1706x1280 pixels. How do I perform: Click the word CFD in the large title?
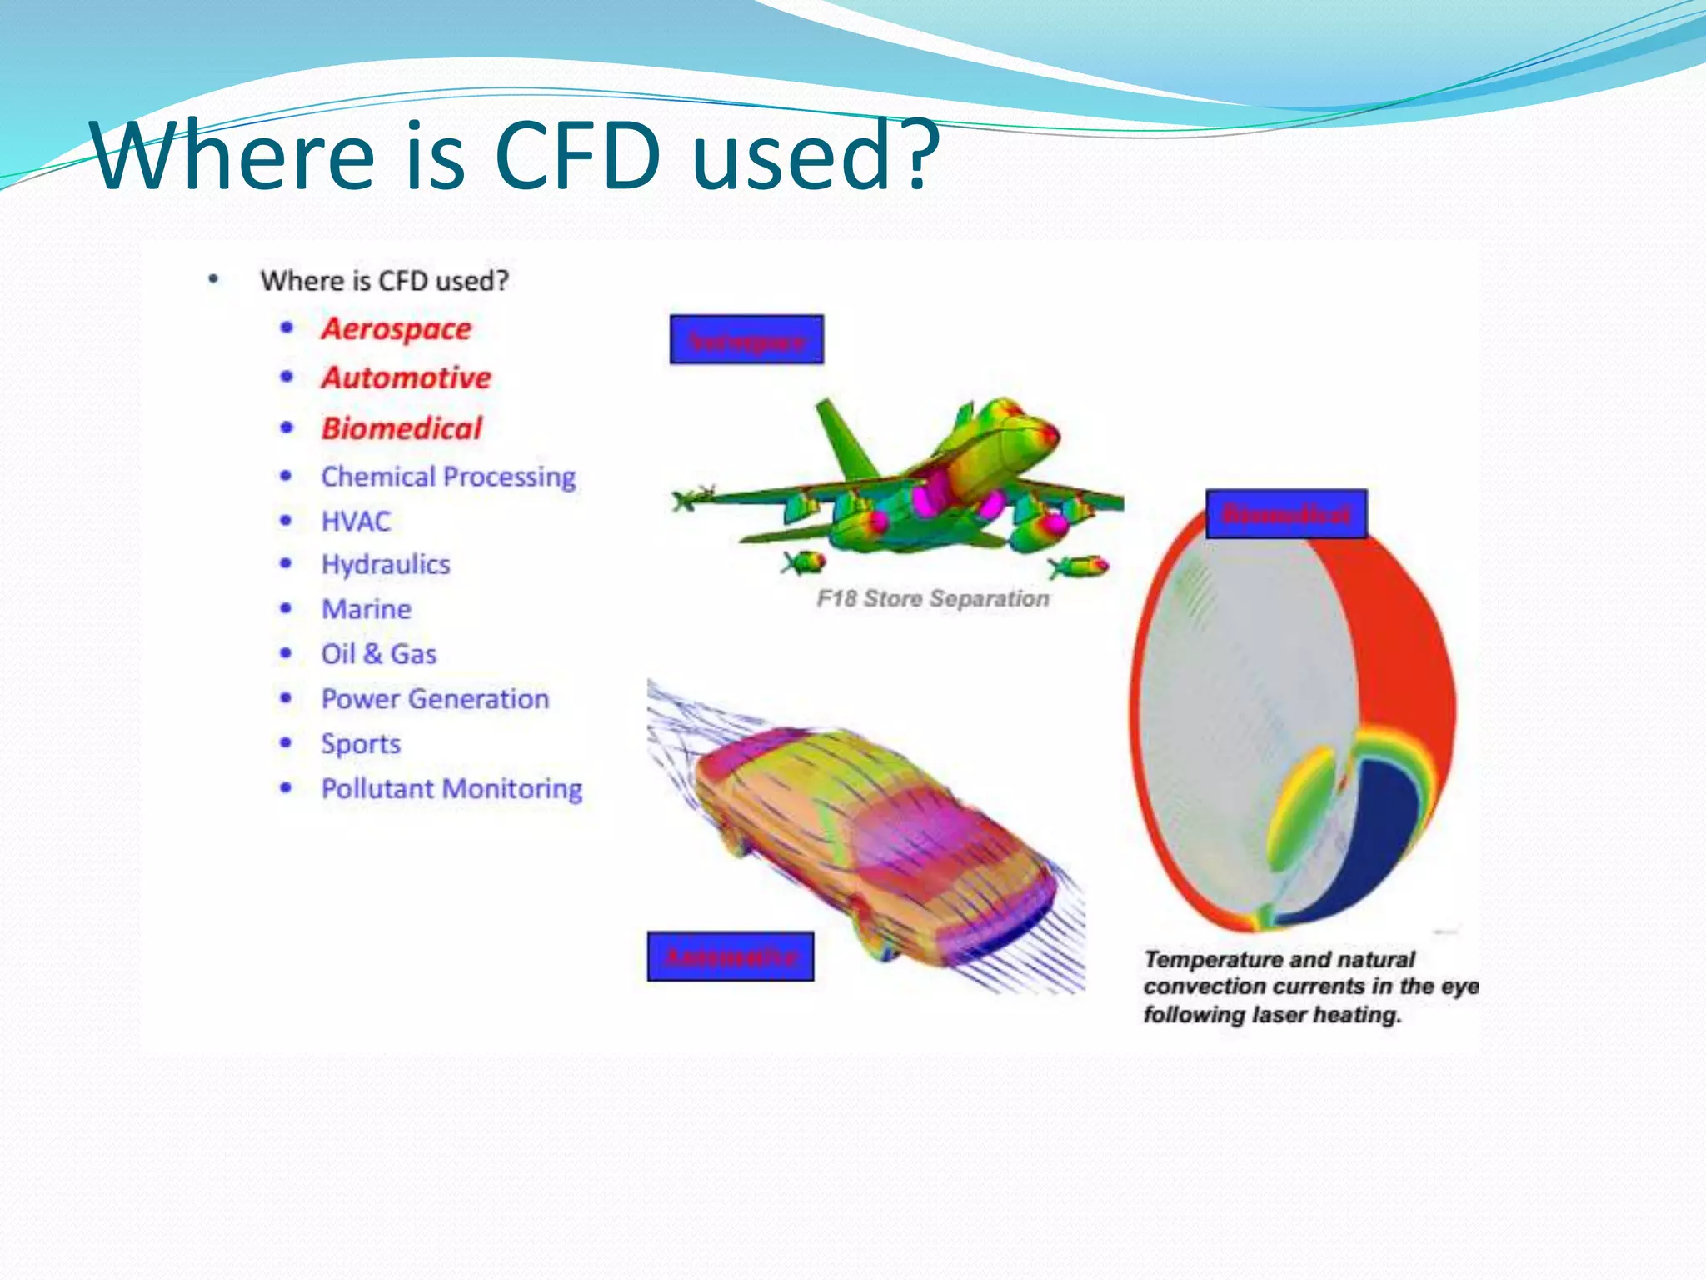tap(577, 156)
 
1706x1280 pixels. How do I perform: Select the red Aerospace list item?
tap(397, 329)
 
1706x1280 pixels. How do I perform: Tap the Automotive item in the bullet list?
tap(407, 378)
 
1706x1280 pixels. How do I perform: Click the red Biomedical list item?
tap(402, 428)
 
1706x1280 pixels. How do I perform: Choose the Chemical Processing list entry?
tap(448, 477)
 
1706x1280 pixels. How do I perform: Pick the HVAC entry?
tap(356, 522)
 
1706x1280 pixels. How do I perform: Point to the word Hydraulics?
tap(386, 565)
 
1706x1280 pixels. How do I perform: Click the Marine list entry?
tap(367, 609)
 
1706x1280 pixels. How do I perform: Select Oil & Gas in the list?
tap(379, 654)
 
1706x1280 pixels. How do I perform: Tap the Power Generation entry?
tap(435, 699)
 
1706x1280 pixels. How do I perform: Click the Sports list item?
tap(361, 744)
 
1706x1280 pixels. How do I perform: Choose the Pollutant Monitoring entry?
tap(451, 789)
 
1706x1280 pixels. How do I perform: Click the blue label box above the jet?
tap(746, 339)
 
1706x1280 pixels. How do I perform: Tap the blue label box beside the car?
tap(731, 957)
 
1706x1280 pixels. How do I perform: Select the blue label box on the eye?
tap(1286, 514)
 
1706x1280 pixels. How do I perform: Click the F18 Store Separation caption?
tap(933, 598)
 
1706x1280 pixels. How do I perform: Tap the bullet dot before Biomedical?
tap(287, 428)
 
